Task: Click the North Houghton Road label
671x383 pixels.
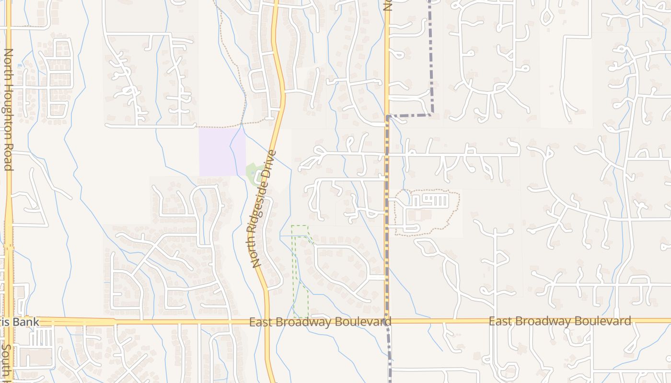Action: [8, 109]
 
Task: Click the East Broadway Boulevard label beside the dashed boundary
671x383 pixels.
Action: [320, 322]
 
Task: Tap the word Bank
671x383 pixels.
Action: [26, 321]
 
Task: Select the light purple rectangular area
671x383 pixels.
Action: [222, 151]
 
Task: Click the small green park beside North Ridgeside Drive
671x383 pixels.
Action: [253, 173]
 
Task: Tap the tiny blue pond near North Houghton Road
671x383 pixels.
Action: [19, 65]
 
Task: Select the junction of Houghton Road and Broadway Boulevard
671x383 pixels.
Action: [9, 321]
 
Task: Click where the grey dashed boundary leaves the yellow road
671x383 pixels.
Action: [387, 116]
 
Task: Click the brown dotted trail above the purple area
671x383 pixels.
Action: [220, 126]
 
